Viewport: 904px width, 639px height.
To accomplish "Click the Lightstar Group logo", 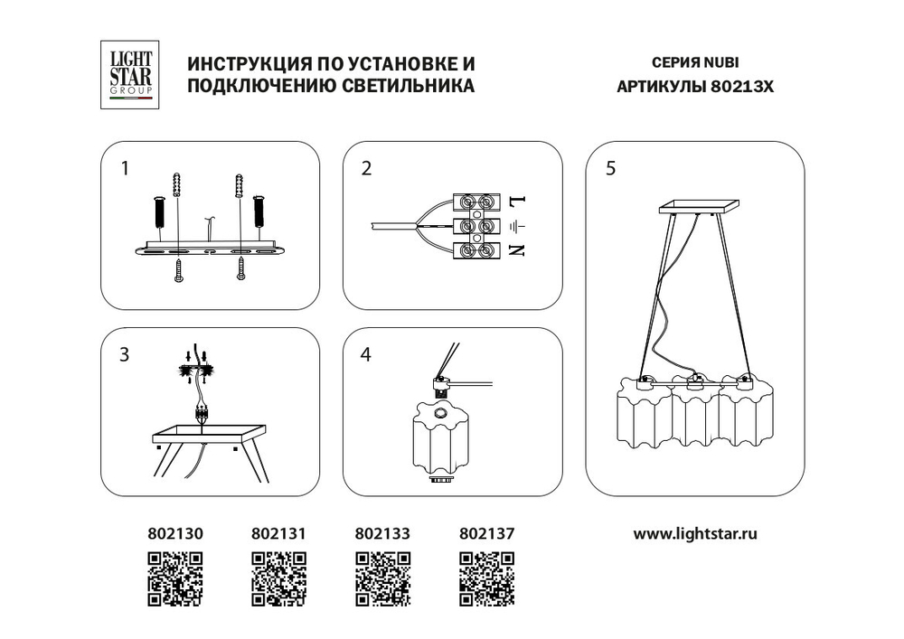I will point(127,76).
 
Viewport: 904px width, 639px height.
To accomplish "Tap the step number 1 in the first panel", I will point(126,168).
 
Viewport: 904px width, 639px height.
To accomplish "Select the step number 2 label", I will point(366,168).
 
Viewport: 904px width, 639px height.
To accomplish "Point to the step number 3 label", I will point(125,355).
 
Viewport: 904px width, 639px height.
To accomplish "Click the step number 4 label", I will point(365,355).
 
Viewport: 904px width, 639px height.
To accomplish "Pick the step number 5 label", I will point(611,168).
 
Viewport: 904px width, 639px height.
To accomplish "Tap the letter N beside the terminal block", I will point(517,250).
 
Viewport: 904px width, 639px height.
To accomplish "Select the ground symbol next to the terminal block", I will point(517,226).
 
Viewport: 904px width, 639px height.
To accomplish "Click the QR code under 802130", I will point(175,578).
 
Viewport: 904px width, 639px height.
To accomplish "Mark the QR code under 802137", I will point(487,578).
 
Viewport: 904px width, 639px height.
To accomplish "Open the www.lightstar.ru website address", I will point(695,534).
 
